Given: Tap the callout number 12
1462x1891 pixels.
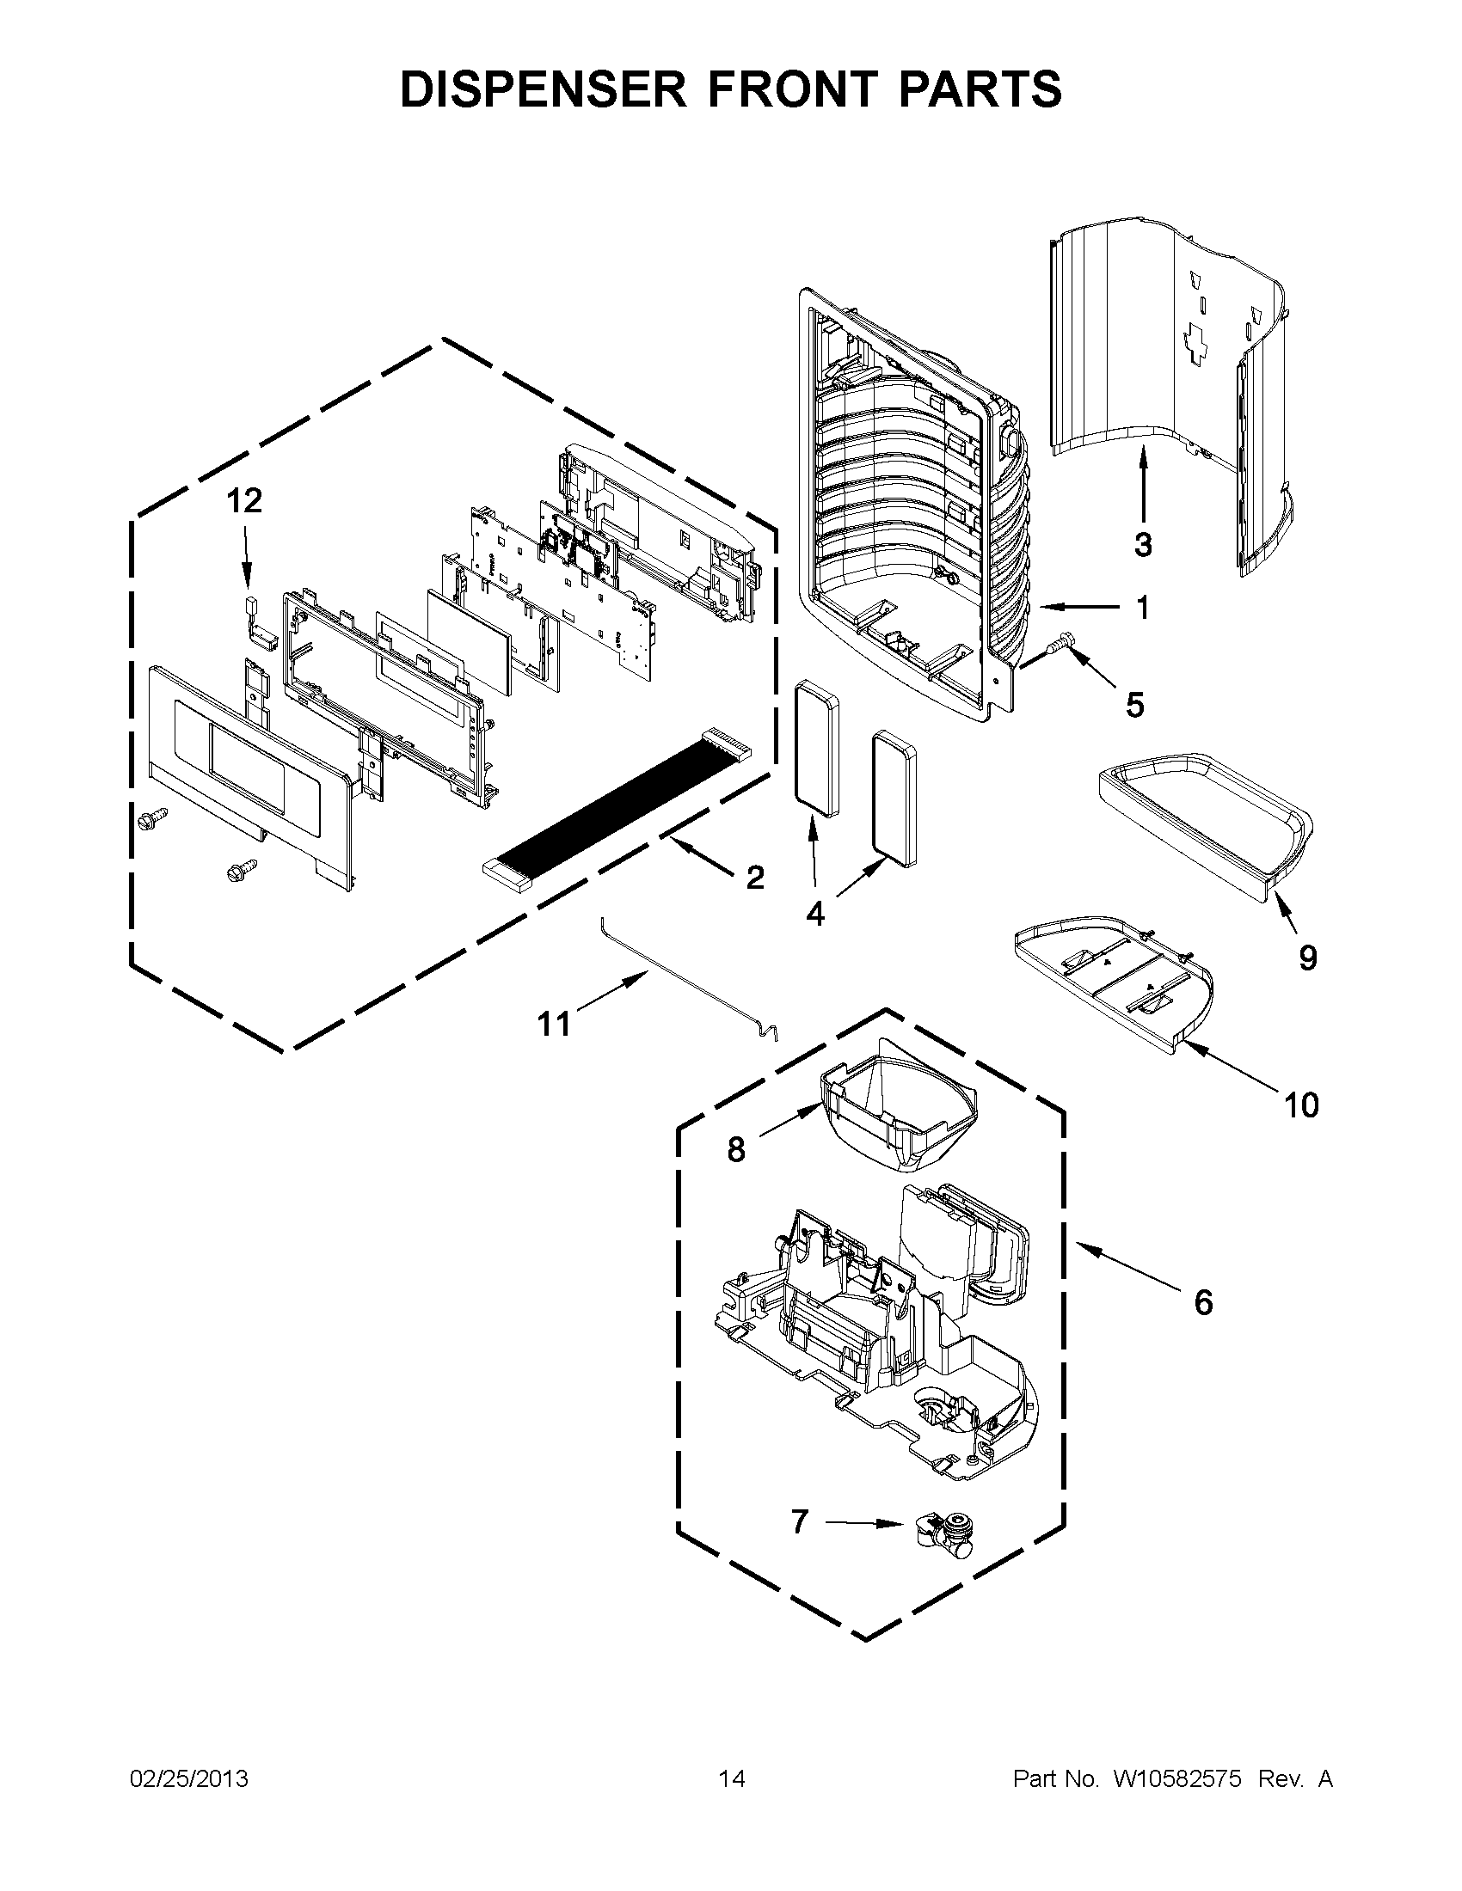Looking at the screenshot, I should click(x=245, y=500).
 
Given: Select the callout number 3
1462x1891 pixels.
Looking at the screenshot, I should click(x=1143, y=546).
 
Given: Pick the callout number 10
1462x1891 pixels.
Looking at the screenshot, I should click(x=1301, y=1105).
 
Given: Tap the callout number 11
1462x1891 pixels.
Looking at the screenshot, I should click(x=555, y=1025).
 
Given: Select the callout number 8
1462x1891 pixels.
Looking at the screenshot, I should click(x=736, y=1150).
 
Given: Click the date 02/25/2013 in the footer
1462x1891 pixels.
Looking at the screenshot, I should click(x=189, y=1778).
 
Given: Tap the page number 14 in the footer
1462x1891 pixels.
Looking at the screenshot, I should click(x=732, y=1778).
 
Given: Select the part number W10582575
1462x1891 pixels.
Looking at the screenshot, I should click(x=1177, y=1778).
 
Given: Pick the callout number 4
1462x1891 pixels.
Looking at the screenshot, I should click(x=815, y=914).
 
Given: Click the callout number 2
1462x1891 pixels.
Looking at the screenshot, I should click(x=755, y=877).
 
